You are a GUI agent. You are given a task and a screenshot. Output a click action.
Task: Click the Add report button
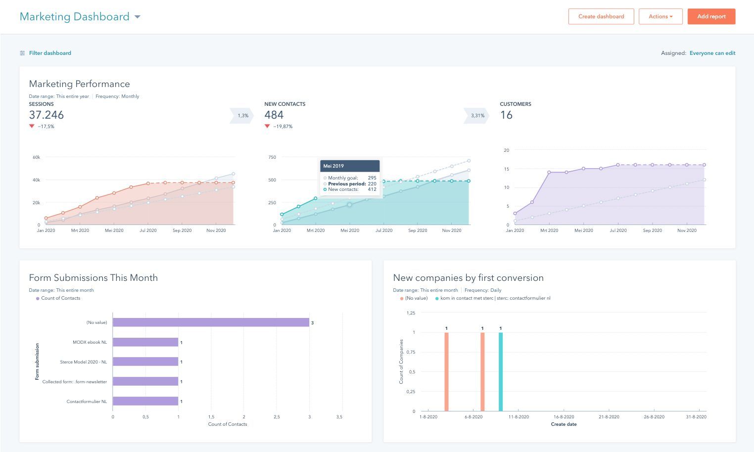point(711,16)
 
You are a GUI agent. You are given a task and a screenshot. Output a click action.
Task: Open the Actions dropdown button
point(660,16)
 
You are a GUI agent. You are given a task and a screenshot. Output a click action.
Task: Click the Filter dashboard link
point(49,53)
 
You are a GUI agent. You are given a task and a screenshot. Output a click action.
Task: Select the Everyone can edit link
point(712,53)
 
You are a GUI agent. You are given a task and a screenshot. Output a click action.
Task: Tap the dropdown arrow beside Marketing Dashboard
point(138,17)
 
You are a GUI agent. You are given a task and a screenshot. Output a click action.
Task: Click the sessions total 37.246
point(47,115)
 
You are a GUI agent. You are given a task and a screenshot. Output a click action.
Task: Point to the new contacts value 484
point(274,115)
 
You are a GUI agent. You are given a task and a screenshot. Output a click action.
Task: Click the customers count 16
point(506,115)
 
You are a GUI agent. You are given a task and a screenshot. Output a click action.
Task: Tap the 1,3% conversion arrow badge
point(242,116)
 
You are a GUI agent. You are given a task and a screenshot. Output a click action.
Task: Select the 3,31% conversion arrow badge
point(477,116)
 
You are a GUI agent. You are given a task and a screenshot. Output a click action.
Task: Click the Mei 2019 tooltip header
point(350,166)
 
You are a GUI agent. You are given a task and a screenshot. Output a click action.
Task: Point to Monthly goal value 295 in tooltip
point(372,178)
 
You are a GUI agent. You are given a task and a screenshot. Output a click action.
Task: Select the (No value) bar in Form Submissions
point(211,322)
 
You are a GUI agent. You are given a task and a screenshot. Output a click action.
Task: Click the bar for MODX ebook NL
point(145,342)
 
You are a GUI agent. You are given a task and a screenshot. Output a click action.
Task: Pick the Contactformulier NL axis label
point(87,402)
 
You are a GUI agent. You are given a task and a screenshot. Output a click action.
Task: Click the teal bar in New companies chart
point(500,371)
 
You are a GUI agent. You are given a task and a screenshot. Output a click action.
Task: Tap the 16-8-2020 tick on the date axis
point(564,417)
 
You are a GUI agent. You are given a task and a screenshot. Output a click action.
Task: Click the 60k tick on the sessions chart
point(36,157)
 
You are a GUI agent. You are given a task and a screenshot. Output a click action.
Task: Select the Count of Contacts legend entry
point(60,298)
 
